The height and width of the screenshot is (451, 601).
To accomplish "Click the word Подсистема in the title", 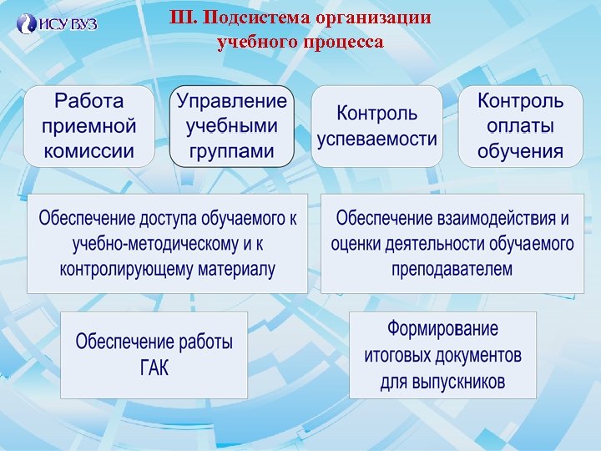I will point(248,18).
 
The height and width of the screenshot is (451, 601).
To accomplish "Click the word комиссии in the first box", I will point(88,151).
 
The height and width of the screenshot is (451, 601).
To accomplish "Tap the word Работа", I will point(88,101).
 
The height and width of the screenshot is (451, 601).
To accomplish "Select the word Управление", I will point(232,101).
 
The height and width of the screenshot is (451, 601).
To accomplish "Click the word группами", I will point(232,151).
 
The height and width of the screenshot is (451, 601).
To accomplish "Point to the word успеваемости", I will point(376,139).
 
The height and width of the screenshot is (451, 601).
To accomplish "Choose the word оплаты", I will point(520,126).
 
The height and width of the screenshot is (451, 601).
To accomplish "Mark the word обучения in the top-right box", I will point(520,151).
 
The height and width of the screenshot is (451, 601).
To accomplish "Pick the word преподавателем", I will point(452,270).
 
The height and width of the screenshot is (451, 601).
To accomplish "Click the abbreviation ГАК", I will point(154,368).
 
